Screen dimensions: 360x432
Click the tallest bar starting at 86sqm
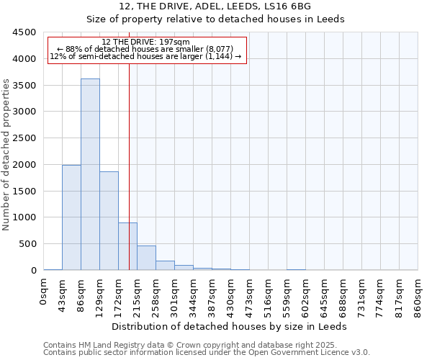[x=90, y=174]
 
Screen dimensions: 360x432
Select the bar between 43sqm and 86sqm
[x=71, y=217]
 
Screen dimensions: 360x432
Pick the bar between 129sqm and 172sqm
[x=109, y=220]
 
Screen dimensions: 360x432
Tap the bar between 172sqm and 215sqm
[x=127, y=246]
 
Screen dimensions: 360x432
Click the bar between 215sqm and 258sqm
[x=146, y=258]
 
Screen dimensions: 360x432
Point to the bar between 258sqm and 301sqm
[x=165, y=265]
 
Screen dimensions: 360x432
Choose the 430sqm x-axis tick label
[x=231, y=297]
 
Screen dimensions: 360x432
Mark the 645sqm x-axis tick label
[x=325, y=297]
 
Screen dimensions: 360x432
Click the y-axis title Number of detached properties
[x=6, y=155]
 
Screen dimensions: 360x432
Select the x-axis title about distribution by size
[x=230, y=326]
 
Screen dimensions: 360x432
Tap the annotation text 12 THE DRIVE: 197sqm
[x=146, y=42]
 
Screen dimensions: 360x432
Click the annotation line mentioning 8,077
[x=146, y=49]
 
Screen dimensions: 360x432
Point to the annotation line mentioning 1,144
[x=146, y=56]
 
